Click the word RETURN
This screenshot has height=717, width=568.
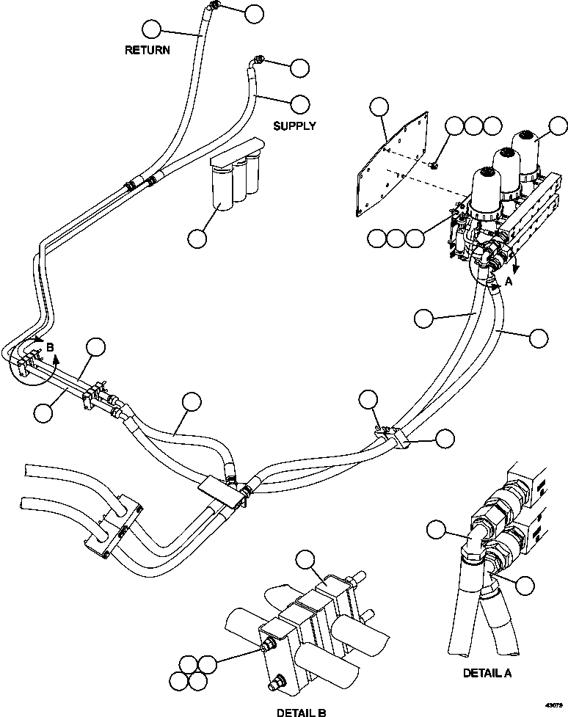148,51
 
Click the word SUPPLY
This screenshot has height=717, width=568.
294,125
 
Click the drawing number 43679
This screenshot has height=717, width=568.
555,706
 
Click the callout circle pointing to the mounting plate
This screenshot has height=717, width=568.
379,108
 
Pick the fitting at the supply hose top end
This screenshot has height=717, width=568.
258,59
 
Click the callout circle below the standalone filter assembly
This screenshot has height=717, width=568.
197,239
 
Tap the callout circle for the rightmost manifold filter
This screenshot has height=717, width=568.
558,127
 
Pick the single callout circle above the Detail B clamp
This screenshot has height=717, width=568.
303,560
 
